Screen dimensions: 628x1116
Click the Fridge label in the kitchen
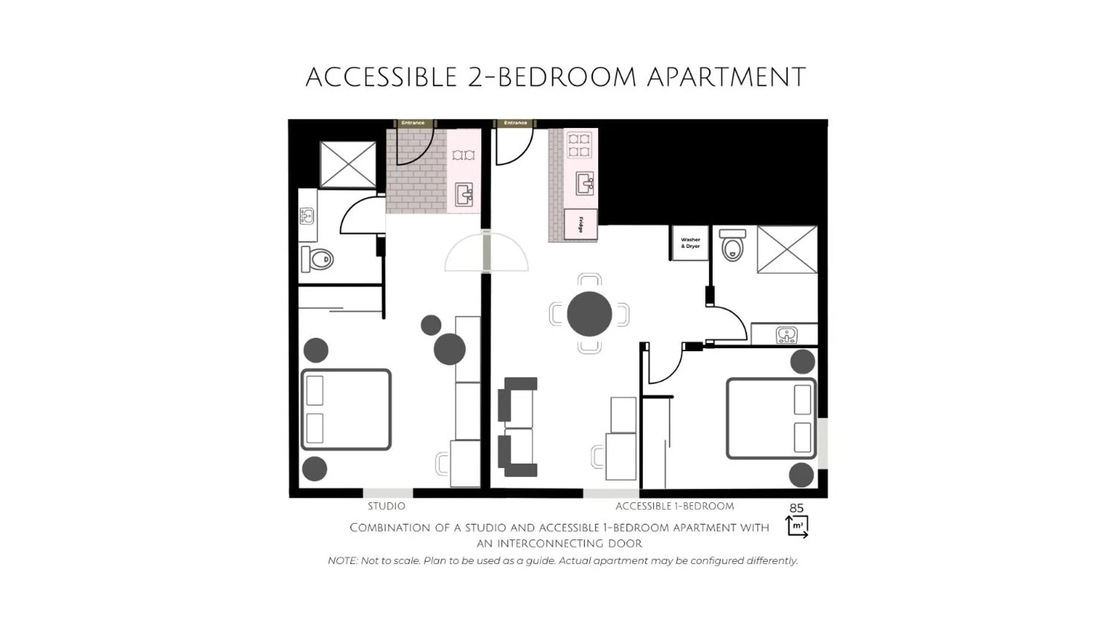580,224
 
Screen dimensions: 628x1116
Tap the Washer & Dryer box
690,243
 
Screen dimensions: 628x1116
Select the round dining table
589,314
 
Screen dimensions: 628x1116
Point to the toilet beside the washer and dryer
732,245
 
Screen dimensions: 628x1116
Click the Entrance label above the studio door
413,123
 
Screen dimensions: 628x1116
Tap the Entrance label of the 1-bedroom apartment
515,123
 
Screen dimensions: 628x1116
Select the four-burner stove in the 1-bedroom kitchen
579,145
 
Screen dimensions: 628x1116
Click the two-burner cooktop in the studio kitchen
463,155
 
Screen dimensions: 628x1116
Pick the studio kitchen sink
464,194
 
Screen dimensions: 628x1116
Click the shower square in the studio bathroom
348,165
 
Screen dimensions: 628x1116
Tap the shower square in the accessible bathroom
787,249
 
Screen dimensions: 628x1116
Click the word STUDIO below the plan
386,506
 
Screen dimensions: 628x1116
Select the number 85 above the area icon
796,508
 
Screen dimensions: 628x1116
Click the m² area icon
797,526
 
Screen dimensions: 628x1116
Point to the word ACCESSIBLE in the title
381,77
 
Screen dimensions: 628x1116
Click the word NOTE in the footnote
342,561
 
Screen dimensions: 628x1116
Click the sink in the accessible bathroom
786,335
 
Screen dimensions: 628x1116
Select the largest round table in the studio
450,349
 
